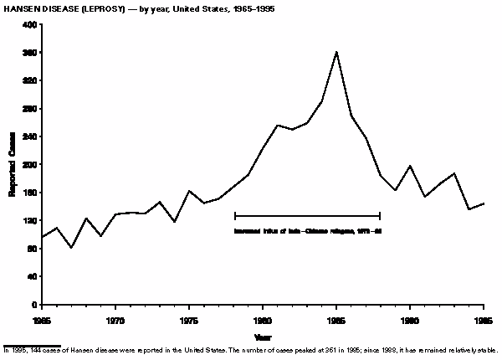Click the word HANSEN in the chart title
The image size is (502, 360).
tap(20, 8)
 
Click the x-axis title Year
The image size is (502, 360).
tap(264, 337)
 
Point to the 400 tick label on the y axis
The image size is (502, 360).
tap(30, 25)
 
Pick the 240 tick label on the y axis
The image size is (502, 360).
tap(30, 137)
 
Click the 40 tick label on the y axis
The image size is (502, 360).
tap(32, 277)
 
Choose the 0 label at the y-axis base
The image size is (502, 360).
tap(34, 305)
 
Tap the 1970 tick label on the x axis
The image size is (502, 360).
tap(115, 320)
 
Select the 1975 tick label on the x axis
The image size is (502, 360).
tap(189, 320)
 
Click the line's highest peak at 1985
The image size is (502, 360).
tap(336, 52)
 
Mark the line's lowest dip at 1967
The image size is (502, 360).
tap(71, 248)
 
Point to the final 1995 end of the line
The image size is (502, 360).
tap(484, 203)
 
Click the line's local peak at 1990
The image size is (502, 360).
tap(410, 166)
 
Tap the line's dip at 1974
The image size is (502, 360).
tap(174, 222)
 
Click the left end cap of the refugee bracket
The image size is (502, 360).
tap(235, 216)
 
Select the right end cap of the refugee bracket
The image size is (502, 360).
tap(380, 216)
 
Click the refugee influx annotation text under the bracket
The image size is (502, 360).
tap(308, 230)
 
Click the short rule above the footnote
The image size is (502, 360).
tap(32, 345)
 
